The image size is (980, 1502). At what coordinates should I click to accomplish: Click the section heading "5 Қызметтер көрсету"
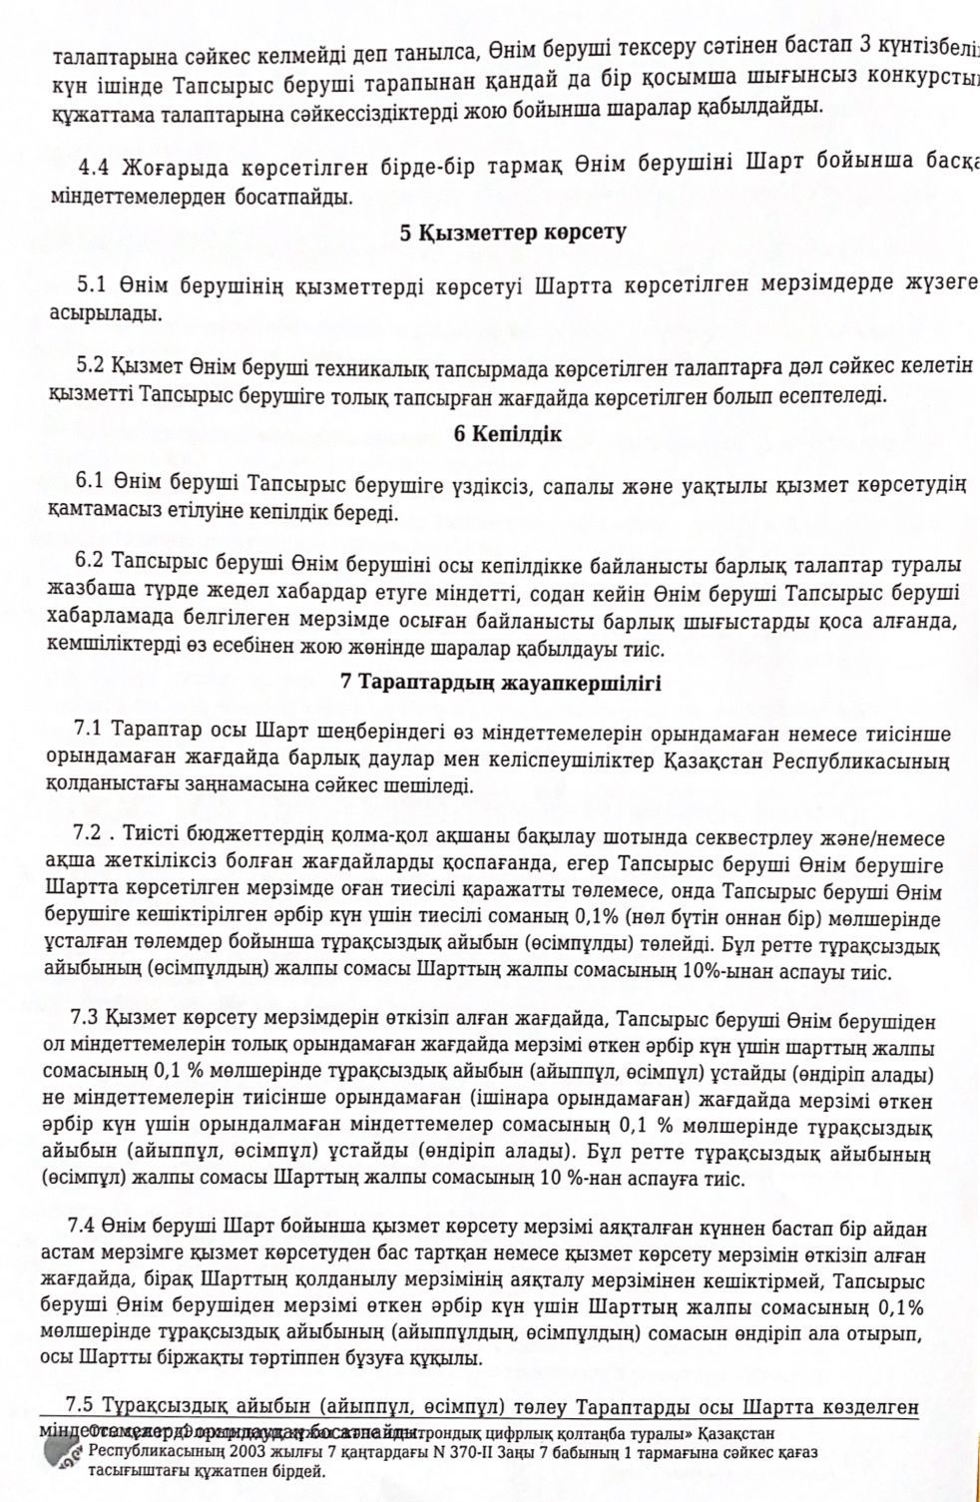click(x=513, y=234)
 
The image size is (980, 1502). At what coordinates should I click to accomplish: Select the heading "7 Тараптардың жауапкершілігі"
click(x=500, y=684)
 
